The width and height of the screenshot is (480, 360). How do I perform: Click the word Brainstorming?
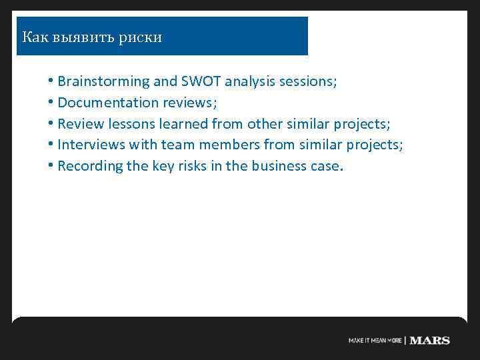[103, 82]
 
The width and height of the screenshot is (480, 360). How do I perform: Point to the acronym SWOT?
[201, 82]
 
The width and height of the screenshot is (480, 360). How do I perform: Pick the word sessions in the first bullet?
[309, 82]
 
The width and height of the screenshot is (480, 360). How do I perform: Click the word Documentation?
[105, 103]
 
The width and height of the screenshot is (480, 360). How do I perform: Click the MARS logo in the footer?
[429, 341]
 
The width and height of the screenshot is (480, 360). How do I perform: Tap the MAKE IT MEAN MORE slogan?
[375, 341]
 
